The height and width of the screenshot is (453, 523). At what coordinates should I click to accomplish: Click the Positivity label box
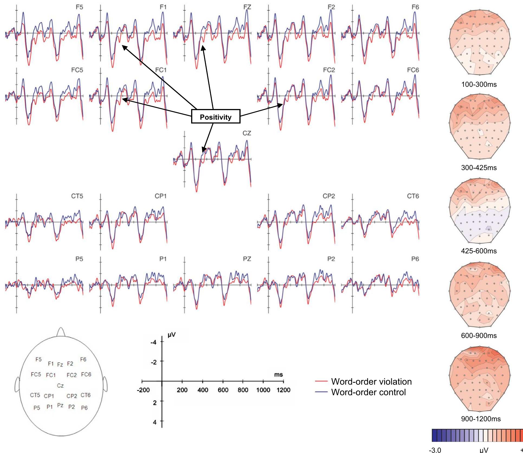tap(216, 117)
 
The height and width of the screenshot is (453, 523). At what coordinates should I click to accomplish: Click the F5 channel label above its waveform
tap(79, 7)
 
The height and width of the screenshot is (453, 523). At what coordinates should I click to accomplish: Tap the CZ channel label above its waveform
tap(247, 133)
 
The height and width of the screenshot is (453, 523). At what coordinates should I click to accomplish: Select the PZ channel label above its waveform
tap(247, 259)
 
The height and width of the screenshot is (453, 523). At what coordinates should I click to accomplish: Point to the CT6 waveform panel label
tap(413, 196)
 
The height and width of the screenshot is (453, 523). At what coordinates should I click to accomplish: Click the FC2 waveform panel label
tap(329, 70)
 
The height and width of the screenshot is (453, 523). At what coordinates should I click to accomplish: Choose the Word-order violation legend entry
tap(371, 382)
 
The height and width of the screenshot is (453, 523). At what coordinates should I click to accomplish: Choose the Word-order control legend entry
tap(368, 392)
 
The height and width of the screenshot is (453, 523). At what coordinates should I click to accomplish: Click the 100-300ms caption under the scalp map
tap(479, 84)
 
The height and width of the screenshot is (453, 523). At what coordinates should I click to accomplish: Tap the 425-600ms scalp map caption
tap(479, 251)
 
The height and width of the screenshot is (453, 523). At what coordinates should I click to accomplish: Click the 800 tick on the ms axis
tap(243, 390)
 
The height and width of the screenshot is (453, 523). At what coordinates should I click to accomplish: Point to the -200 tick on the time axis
tap(143, 390)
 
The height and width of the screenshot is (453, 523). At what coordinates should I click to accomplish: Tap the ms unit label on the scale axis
tap(278, 375)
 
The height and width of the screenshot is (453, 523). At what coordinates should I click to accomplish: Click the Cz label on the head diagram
tap(60, 385)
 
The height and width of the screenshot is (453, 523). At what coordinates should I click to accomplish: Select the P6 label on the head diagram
tap(84, 408)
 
